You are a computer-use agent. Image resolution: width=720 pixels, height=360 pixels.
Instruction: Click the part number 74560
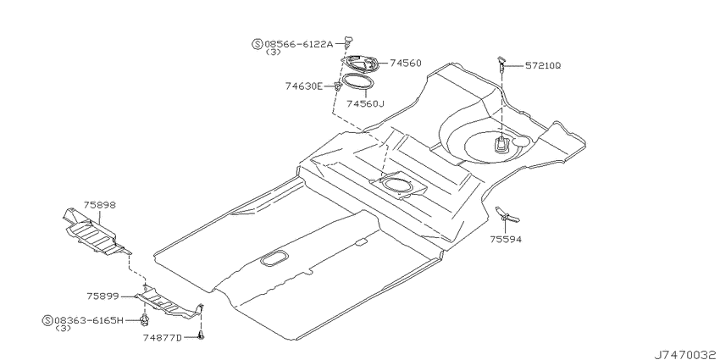coord(406,63)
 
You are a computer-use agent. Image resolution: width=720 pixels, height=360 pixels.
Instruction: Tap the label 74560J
coord(365,104)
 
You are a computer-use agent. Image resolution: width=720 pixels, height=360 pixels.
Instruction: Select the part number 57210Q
coord(543,66)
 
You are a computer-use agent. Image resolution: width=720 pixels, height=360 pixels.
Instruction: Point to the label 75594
coord(506,239)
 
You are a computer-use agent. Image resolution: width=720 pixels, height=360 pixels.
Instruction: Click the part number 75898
coord(100,205)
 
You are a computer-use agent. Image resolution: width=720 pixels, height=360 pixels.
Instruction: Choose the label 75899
coord(102,296)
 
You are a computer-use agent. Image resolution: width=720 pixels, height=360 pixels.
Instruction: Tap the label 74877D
coord(163,338)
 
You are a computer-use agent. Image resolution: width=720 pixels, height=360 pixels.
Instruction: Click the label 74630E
coord(303,86)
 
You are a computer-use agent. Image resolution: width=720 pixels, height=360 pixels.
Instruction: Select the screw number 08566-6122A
coord(298,44)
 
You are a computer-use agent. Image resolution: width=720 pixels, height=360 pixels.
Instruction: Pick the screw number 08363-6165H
coord(89,320)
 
